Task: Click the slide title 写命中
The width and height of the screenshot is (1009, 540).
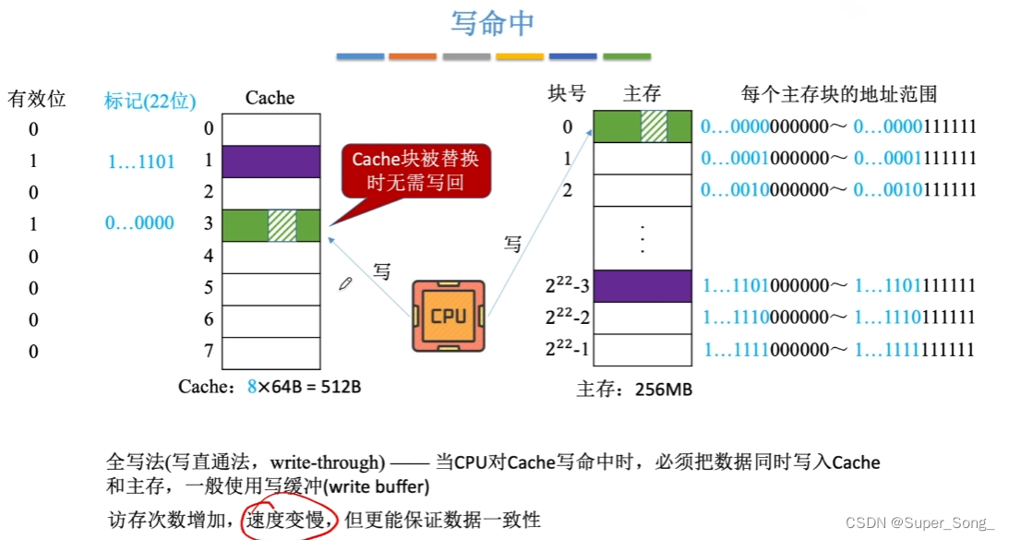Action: tap(492, 24)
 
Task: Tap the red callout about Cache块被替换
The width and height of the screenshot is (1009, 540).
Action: tap(415, 171)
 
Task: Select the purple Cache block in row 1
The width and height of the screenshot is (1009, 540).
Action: tap(271, 161)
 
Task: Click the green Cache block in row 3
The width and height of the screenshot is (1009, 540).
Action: tap(271, 225)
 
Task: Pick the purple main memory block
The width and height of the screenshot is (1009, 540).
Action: tap(642, 285)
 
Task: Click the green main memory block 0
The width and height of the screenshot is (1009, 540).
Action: tap(642, 126)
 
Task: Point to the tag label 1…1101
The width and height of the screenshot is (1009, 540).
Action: tap(141, 162)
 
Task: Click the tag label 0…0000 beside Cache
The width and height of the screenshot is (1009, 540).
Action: tap(141, 224)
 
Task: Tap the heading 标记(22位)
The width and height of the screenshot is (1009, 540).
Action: tap(150, 101)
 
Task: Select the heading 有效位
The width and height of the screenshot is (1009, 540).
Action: tap(37, 99)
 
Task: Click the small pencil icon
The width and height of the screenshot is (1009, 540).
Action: tap(346, 284)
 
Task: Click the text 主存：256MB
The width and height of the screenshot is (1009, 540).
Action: tap(633, 389)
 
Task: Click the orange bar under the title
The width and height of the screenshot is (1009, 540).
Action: tap(413, 56)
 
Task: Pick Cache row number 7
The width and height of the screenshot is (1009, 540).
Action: tap(209, 352)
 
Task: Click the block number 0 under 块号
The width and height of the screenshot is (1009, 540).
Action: tap(567, 127)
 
